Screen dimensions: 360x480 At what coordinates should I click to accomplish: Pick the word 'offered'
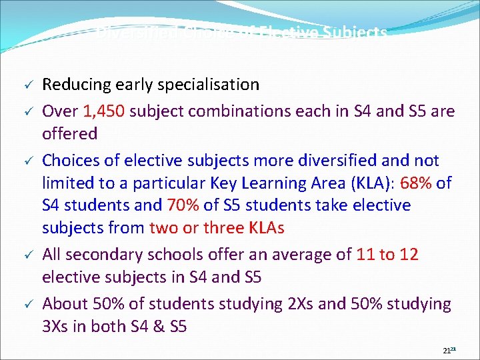coord(69,133)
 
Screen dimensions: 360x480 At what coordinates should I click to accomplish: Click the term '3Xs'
coord(58,327)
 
